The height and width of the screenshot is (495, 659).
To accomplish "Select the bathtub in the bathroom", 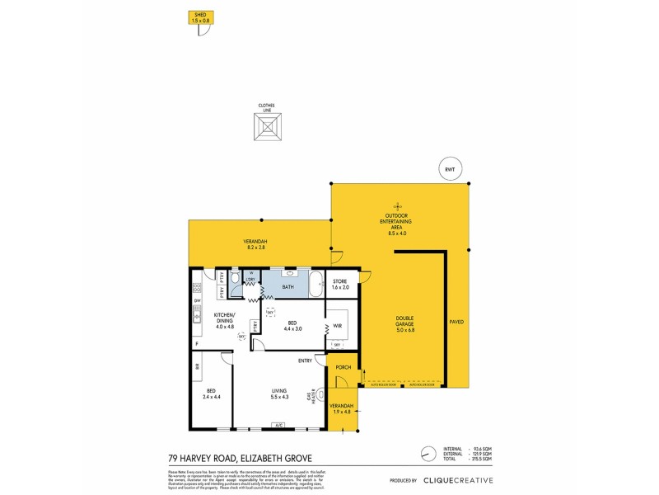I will coord(317,284).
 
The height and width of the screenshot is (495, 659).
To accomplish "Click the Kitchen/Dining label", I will coord(225,320).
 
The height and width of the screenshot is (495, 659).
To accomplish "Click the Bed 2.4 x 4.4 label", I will coord(211,394).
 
